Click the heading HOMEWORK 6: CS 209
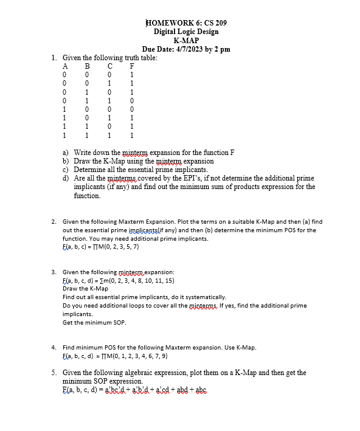pos(186,23)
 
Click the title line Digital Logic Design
pos(186,32)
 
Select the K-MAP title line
pos(186,40)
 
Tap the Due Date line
pos(186,49)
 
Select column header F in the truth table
pos(132,66)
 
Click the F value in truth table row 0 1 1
pos(132,100)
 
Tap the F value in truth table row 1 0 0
pos(132,109)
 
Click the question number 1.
pos(55,58)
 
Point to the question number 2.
pos(54,222)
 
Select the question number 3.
pos(54,272)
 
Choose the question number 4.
pos(54,347)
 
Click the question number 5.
pos(54,372)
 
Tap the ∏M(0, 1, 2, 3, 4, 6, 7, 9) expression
pos(115,356)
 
